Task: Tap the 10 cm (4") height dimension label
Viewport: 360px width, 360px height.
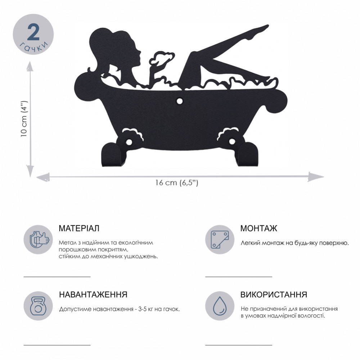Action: tap(24, 119)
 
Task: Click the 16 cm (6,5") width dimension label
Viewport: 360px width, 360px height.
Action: tap(176, 183)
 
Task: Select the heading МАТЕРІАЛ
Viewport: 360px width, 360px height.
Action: tap(79, 228)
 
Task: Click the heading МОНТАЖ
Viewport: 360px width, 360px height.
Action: tap(259, 228)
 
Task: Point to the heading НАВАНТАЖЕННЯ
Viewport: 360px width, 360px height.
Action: tap(93, 294)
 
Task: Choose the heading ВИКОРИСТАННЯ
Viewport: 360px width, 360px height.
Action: tap(274, 294)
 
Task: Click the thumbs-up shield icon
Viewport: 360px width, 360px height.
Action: tap(39, 239)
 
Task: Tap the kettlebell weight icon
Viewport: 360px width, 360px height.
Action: tap(39, 306)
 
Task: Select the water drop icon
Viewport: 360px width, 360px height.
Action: tap(220, 306)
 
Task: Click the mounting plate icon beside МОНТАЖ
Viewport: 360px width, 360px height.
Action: tap(220, 239)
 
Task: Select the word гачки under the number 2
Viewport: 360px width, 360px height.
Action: tap(34, 47)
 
